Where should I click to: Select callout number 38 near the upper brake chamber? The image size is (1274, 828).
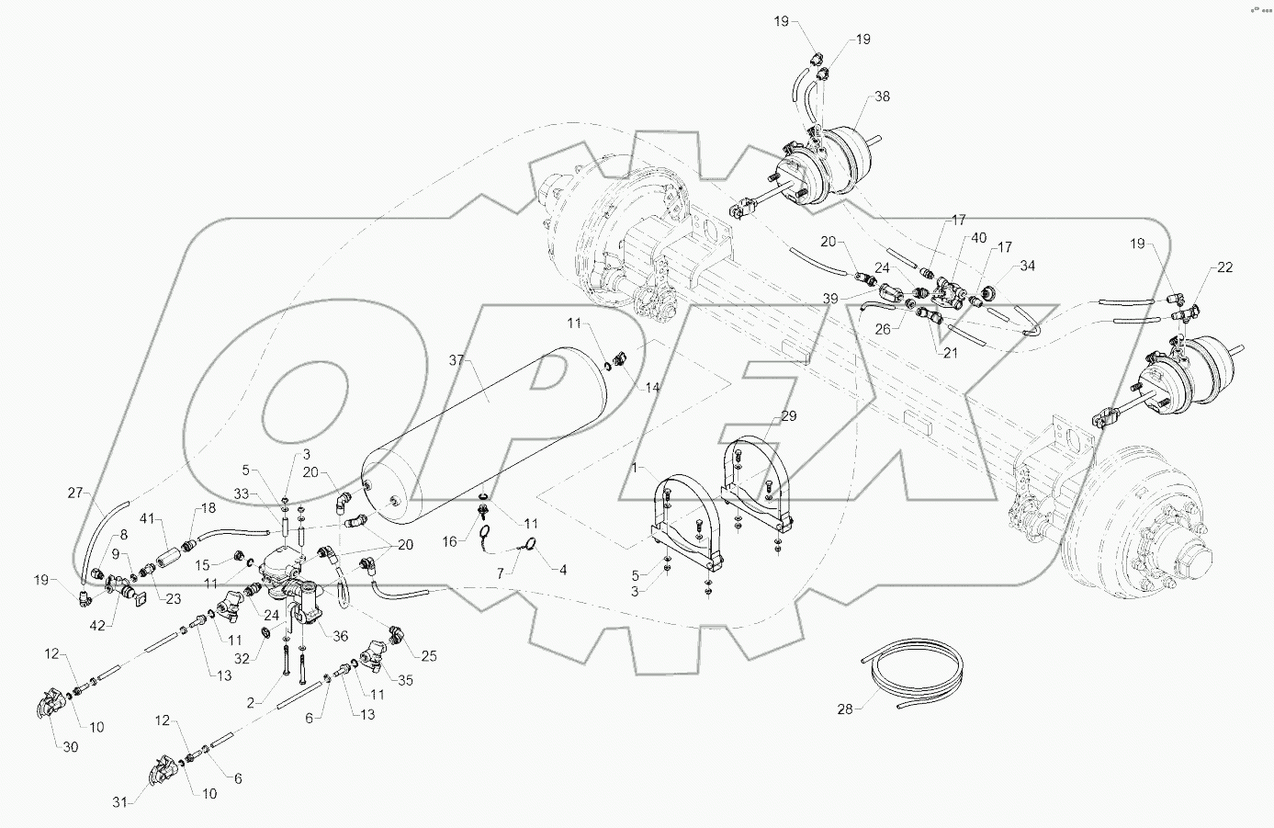[x=881, y=96]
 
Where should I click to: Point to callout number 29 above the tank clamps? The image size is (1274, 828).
[x=789, y=417]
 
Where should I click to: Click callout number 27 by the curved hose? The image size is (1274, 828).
[x=74, y=493]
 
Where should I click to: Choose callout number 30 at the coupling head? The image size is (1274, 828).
[x=71, y=747]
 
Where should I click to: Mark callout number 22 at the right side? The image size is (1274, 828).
[x=1224, y=267]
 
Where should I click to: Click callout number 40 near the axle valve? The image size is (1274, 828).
[x=979, y=238]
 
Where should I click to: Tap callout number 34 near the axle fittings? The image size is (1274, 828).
[x=1027, y=267]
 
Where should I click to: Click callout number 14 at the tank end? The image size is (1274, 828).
[x=651, y=388]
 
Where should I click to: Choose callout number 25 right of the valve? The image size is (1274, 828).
[x=428, y=655]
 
